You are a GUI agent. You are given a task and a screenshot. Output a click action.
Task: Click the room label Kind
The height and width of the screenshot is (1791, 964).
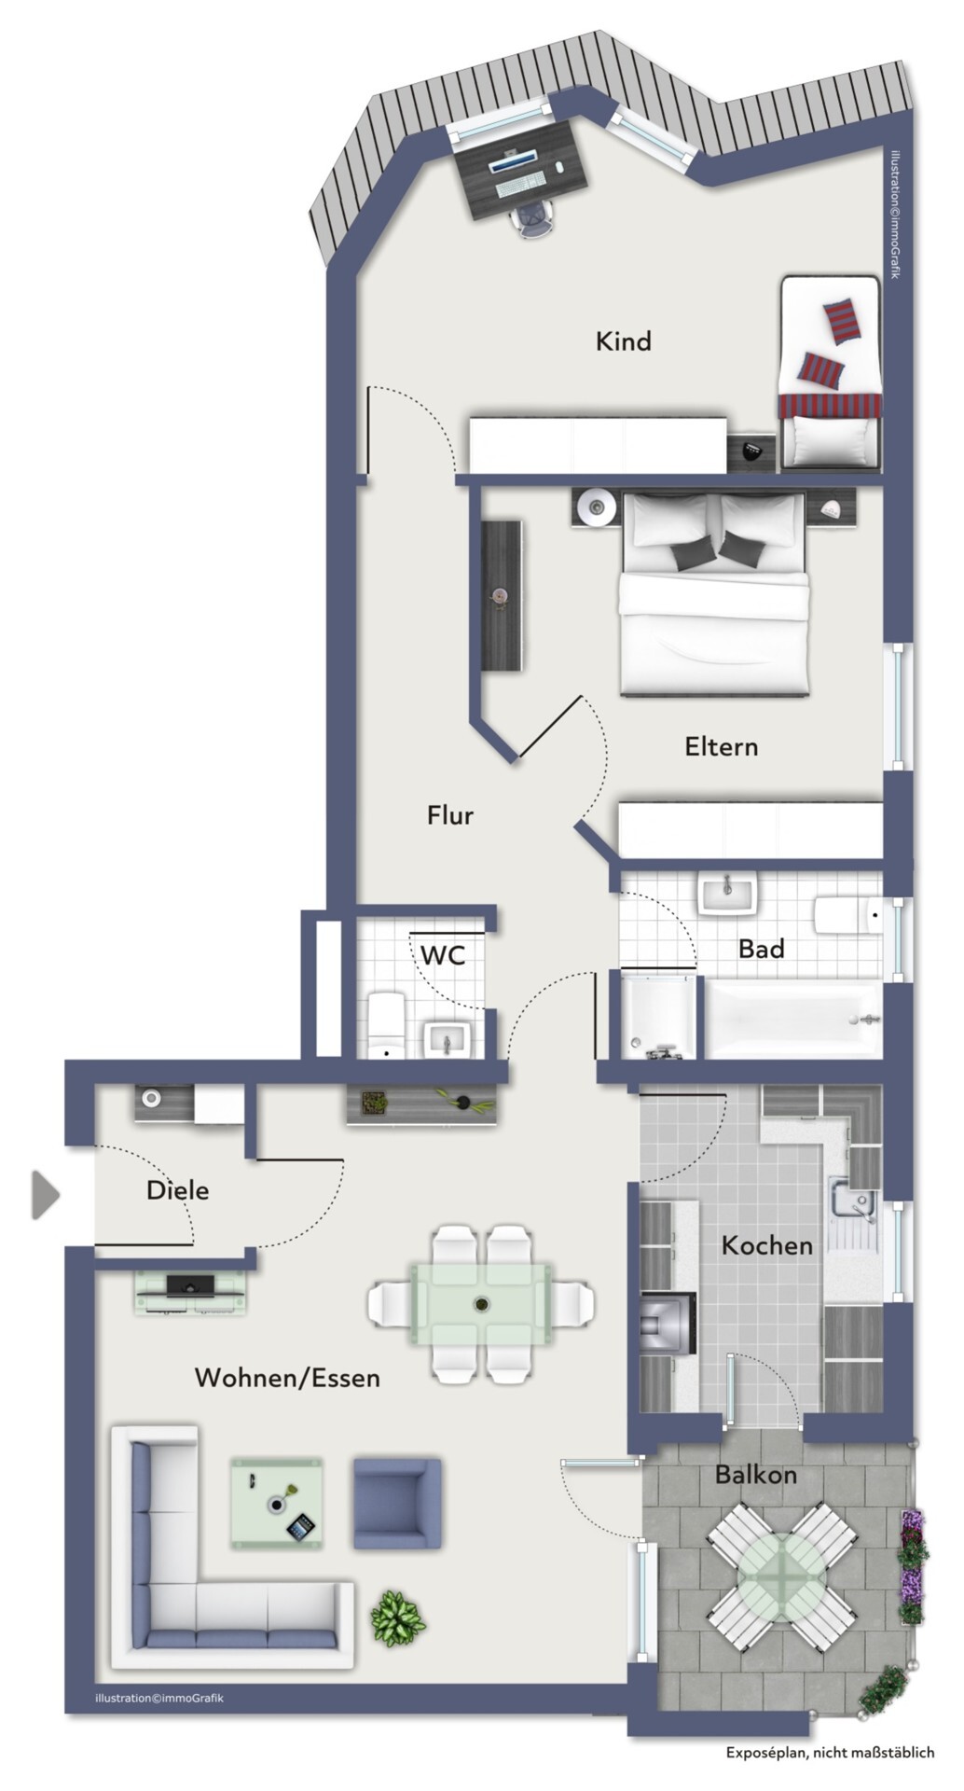(x=623, y=341)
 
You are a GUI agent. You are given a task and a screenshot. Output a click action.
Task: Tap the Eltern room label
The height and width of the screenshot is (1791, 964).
(x=721, y=746)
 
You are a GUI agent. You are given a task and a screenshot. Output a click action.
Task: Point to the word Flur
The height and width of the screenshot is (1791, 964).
(x=450, y=815)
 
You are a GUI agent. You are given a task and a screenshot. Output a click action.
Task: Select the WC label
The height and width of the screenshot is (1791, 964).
(x=442, y=955)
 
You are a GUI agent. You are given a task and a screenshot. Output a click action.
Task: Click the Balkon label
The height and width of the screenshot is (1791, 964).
(x=756, y=1475)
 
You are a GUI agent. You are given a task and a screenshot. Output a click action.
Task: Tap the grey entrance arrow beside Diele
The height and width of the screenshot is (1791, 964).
(x=46, y=1195)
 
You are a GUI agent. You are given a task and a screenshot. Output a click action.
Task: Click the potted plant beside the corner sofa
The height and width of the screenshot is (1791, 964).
(x=398, y=1617)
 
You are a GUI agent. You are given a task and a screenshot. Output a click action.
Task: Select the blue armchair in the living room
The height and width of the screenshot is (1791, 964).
(x=396, y=1504)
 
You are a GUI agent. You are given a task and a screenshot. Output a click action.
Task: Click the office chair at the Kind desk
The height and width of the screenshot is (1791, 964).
(x=533, y=219)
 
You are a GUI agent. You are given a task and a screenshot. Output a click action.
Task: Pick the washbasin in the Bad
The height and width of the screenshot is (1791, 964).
(x=729, y=896)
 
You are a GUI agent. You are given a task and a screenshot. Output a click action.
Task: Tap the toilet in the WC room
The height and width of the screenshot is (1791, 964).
(x=386, y=1026)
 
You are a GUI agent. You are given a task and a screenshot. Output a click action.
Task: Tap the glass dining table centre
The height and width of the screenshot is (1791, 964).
(x=482, y=1304)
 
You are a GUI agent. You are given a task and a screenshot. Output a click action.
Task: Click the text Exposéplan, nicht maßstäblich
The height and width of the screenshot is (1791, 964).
(x=830, y=1753)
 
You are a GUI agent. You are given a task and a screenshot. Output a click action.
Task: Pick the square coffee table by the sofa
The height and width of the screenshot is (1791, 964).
(x=277, y=1504)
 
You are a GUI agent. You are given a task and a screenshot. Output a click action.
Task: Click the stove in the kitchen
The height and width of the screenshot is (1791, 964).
(x=669, y=1325)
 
